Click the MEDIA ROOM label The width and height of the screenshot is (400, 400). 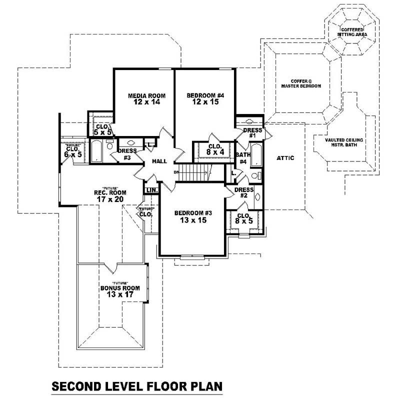pyautogui.click(x=146, y=95)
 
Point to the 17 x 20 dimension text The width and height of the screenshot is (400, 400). pyautogui.click(x=110, y=199)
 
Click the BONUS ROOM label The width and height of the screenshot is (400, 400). pyautogui.click(x=120, y=288)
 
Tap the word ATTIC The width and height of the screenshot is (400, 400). pyautogui.click(x=285, y=158)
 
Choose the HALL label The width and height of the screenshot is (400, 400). pyautogui.click(x=159, y=161)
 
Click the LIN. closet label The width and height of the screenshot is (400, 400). pyautogui.click(x=151, y=190)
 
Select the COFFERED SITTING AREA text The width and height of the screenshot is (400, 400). pyautogui.click(x=352, y=32)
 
